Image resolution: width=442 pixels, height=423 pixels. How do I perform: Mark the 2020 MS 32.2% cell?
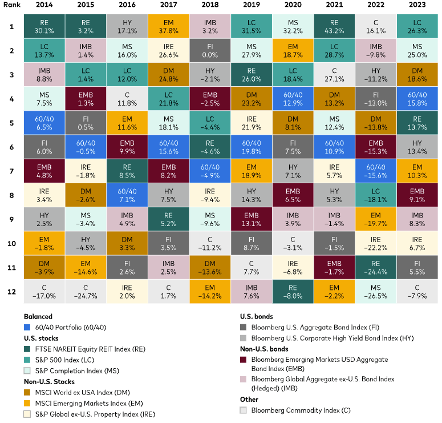click(291, 26)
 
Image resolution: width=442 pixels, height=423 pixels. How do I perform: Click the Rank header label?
click(10, 5)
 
